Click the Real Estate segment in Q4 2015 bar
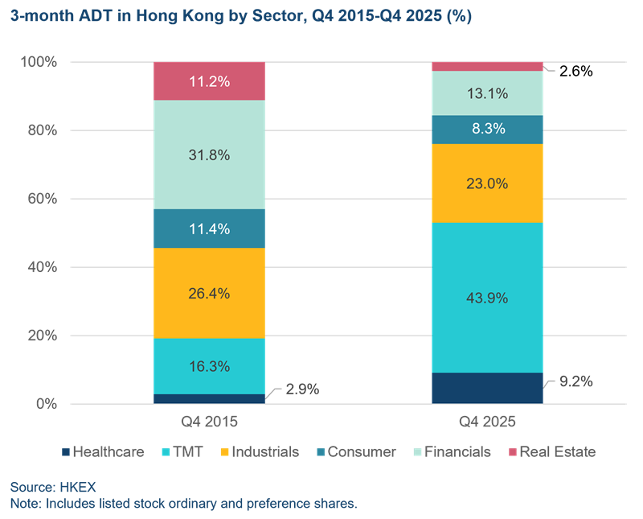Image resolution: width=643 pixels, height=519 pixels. pos(209,81)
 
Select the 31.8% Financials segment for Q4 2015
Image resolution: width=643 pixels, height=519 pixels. pos(209,154)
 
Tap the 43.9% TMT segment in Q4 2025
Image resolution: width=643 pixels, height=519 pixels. pos(487,297)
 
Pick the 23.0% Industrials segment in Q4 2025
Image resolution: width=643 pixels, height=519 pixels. pos(487,183)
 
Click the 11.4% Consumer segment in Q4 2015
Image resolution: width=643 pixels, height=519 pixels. pos(209,229)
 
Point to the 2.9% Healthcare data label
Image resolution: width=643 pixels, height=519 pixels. pos(302,389)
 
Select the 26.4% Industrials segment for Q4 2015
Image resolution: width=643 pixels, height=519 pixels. pos(209,293)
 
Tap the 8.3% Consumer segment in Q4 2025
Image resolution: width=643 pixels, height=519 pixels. pos(487,130)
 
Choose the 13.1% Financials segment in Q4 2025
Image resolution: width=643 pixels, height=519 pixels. pos(487,93)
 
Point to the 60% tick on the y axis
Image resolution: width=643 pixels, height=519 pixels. pos(38,199)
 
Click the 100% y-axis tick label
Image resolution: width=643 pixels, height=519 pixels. pos(35,62)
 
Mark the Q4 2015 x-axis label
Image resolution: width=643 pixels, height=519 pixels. pos(209,421)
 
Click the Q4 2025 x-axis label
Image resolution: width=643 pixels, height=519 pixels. pos(487,421)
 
